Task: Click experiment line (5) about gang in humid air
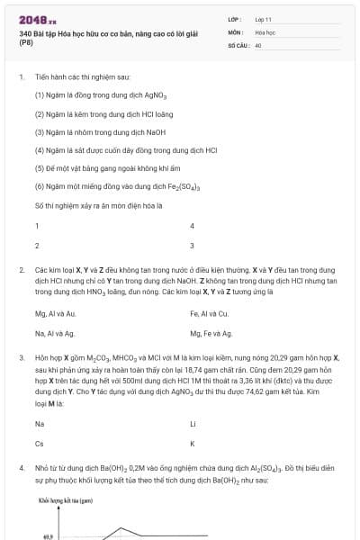click(x=99, y=167)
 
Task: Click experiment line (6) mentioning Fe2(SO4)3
click(x=117, y=186)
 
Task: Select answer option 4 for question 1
click(x=192, y=225)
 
